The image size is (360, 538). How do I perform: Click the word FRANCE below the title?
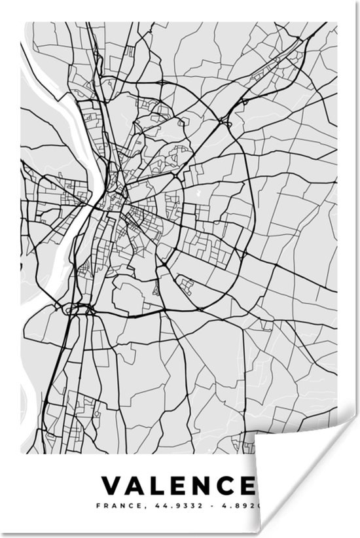point(113,506)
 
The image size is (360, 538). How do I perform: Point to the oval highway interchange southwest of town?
point(81,308)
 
